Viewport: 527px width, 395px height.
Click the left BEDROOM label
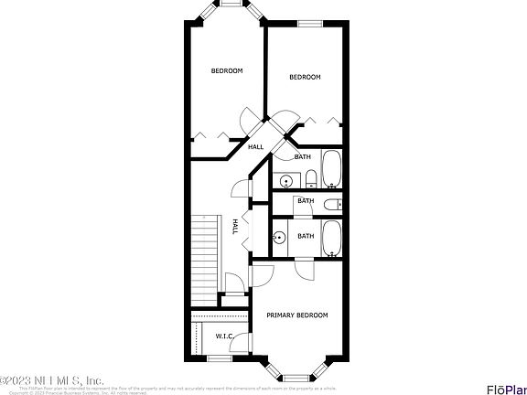[x=227, y=70]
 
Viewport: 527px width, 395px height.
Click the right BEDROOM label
[x=305, y=77]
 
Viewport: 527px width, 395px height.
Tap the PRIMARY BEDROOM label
[x=296, y=315]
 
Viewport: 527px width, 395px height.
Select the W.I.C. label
[x=224, y=336]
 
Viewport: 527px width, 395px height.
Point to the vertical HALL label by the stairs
[x=235, y=226]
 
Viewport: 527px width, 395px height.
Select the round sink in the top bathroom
[x=285, y=179]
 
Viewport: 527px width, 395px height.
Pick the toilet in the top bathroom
[x=310, y=176]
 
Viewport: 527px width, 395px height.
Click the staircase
[x=207, y=256]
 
